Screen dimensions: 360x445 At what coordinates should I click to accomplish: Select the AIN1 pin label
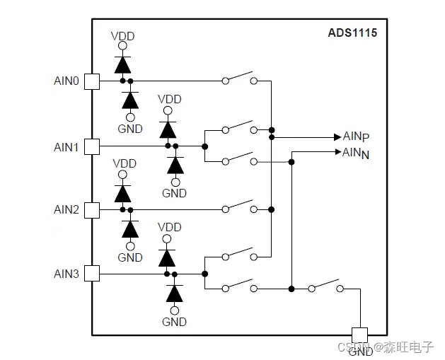(x=67, y=147)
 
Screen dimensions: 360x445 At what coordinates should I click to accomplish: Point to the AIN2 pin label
(x=67, y=210)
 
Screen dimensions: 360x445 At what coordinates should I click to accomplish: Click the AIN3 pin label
(x=67, y=274)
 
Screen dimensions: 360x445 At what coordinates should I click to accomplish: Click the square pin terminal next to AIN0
(x=92, y=81)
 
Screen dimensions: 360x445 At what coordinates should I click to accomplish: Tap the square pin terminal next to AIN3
(x=92, y=274)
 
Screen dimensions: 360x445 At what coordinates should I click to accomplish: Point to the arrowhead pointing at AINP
(x=337, y=137)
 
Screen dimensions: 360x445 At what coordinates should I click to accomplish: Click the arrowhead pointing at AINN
(x=337, y=151)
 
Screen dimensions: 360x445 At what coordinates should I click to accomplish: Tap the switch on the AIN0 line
(x=239, y=78)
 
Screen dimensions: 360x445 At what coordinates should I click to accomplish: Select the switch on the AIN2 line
(x=239, y=206)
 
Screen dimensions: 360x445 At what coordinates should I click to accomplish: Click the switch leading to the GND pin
(x=325, y=285)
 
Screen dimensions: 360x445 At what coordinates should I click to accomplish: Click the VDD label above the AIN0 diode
(x=123, y=36)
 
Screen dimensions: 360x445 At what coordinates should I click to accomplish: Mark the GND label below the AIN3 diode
(x=174, y=322)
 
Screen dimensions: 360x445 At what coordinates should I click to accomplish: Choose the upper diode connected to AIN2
(x=123, y=192)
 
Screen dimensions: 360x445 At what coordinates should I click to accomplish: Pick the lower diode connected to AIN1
(x=174, y=165)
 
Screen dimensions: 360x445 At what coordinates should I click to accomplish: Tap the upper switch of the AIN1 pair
(x=239, y=127)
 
